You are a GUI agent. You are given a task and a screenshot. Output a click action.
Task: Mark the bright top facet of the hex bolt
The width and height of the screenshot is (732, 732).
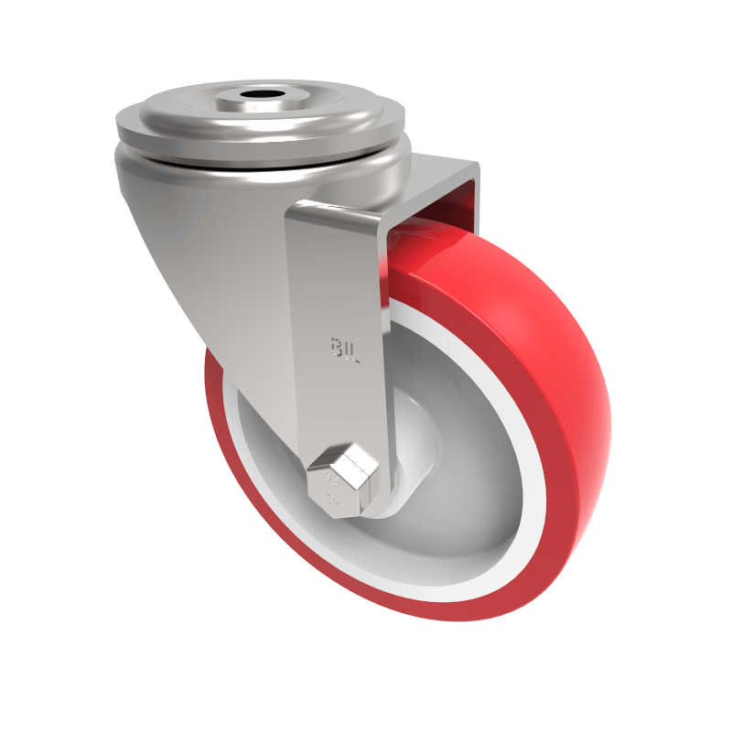[345, 457]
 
